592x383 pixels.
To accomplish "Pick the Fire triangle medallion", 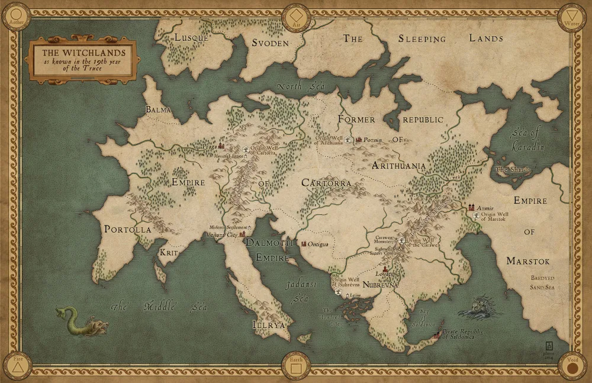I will click(17, 365).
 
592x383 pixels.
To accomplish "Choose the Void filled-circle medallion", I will click(572, 366).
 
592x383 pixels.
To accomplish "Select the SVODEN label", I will click(270, 43).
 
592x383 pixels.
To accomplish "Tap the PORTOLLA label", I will click(128, 229).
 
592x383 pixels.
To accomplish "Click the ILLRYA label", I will click(269, 325).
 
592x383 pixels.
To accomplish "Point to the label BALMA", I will click(159, 110).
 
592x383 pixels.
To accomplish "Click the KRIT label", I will click(169, 252).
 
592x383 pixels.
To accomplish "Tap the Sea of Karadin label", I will click(527, 140).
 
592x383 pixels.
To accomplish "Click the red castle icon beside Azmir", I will click(472, 207).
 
